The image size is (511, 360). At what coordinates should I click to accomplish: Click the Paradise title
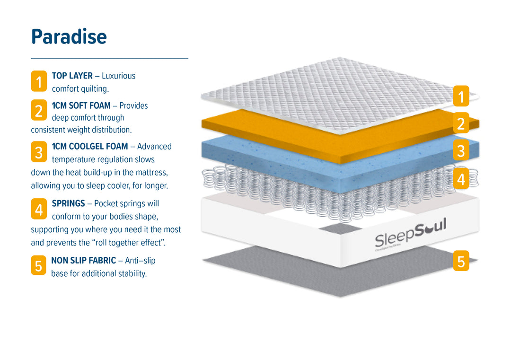point(69,37)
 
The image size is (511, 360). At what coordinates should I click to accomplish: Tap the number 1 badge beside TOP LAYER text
point(39,81)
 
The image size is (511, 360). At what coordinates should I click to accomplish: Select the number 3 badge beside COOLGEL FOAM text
point(39,152)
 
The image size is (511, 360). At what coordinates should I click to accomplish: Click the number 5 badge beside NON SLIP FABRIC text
point(39,266)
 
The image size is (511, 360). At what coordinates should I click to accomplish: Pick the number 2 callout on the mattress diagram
point(461,123)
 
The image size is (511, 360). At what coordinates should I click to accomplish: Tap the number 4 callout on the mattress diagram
point(461,179)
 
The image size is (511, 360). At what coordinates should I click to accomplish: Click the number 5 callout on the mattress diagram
point(461,261)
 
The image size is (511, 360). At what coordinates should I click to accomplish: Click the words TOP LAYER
point(72,76)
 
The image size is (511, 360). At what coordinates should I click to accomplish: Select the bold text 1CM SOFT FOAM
point(81,105)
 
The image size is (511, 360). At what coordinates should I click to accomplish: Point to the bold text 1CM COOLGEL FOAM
point(90,146)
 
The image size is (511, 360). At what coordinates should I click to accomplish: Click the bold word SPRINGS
point(69,203)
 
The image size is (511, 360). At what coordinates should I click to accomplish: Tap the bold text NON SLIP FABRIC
point(83,260)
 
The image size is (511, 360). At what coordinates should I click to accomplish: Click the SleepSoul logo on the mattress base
point(410,233)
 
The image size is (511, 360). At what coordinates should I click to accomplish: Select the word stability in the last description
point(132,273)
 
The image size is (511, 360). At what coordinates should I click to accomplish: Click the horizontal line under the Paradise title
point(109,58)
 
